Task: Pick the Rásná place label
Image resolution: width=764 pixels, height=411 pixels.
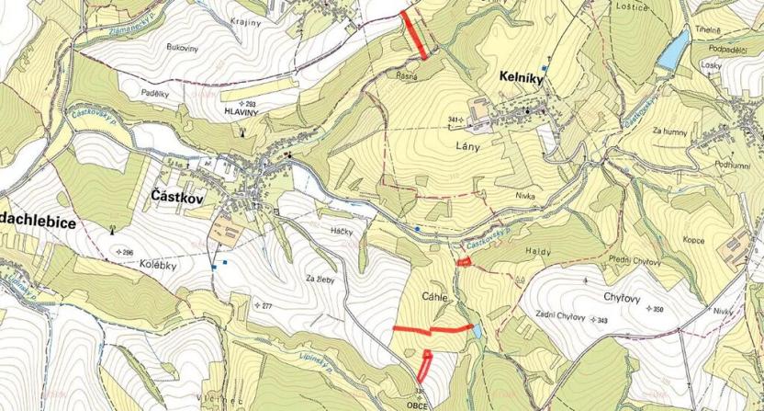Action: [407, 77]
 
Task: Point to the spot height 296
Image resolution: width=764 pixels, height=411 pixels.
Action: [126, 252]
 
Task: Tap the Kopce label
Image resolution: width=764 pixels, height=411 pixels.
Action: [692, 240]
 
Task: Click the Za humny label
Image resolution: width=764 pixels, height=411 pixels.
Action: [669, 131]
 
